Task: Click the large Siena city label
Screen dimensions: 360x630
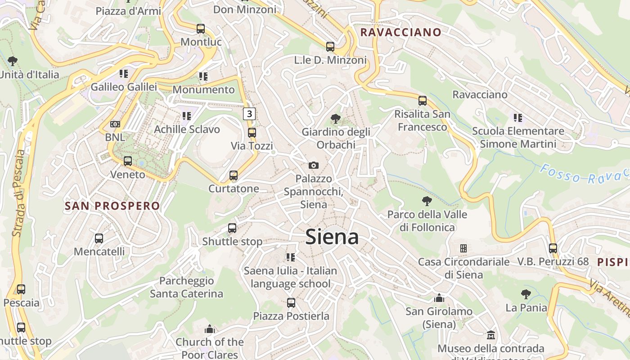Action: [332, 237]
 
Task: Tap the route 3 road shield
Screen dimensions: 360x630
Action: [249, 114]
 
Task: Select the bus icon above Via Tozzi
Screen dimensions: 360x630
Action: [252, 133]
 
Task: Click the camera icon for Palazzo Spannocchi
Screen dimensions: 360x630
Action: [314, 166]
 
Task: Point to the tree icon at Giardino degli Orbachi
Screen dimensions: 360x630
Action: [335, 119]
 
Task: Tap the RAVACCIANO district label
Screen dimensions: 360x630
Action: [401, 32]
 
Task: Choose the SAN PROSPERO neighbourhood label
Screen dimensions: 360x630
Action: [112, 206]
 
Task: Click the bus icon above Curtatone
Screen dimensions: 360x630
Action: [233, 175]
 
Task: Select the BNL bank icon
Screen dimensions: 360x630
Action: [115, 124]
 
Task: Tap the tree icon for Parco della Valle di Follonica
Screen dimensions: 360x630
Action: [427, 201]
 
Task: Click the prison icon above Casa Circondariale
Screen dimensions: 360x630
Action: [463, 248]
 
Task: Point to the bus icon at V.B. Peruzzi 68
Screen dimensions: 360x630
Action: [553, 248]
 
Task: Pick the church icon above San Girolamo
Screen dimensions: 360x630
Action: [439, 298]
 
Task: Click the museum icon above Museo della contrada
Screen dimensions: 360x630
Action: [491, 335]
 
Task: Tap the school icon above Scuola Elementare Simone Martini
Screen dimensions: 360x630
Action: [518, 118]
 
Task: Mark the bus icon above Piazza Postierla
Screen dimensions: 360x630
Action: [291, 303]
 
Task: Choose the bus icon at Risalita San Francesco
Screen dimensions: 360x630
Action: [422, 101]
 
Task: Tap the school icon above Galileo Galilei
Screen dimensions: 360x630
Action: [124, 73]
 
